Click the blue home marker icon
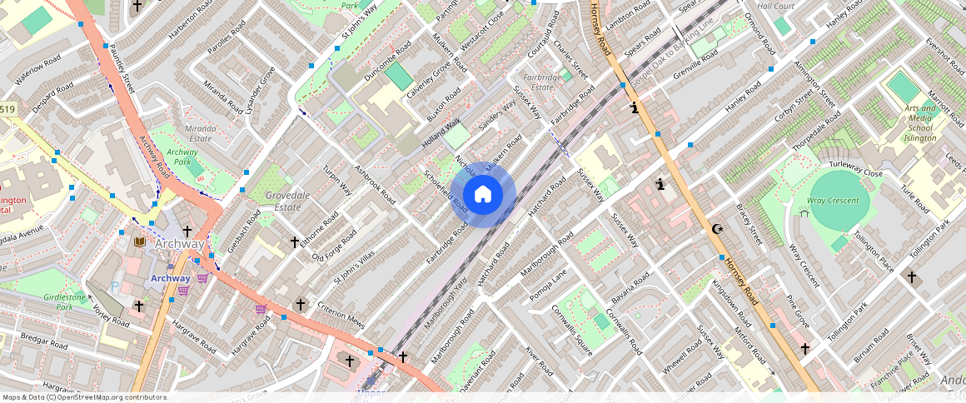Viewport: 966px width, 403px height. [x=483, y=195]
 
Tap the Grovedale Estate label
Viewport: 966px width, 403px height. [x=281, y=201]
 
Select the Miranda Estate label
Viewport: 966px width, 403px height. [x=200, y=133]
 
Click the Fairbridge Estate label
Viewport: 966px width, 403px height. [x=543, y=82]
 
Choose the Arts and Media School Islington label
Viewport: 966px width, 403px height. [x=920, y=122]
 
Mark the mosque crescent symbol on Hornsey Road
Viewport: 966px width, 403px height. [x=716, y=229]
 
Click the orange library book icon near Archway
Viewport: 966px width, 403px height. [x=140, y=241]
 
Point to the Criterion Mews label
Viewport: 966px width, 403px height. [x=341, y=315]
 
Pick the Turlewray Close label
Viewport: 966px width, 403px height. [x=855, y=172]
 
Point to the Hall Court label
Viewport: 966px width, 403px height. [x=775, y=6]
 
